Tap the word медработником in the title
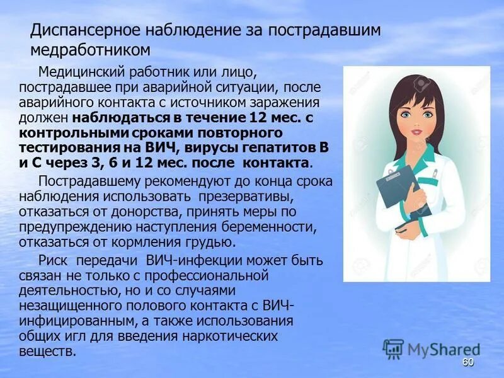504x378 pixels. pos(91,49)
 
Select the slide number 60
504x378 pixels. pos(467,362)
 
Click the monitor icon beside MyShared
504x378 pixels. pos(393,349)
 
